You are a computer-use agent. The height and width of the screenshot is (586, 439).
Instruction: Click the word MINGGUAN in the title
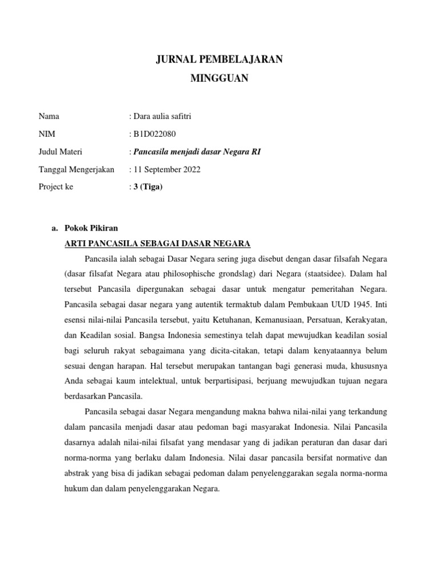pyautogui.click(x=219, y=79)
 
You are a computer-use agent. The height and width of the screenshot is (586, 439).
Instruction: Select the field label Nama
pyautogui.click(x=49, y=117)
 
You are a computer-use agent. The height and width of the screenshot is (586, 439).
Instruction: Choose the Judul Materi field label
pyautogui.click(x=61, y=152)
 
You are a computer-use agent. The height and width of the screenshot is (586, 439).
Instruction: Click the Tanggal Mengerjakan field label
pyautogui.click(x=77, y=169)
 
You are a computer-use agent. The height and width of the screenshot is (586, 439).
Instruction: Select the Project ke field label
pyautogui.click(x=56, y=187)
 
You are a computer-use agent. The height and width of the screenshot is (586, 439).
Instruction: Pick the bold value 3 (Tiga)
pyautogui.click(x=147, y=187)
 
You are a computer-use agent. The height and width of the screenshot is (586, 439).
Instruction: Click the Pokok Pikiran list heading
pyautogui.click(x=91, y=228)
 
